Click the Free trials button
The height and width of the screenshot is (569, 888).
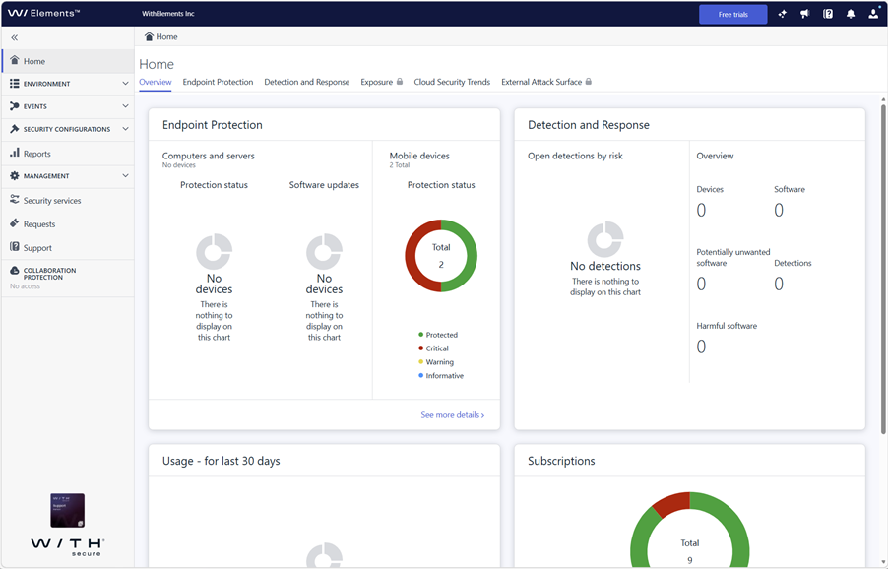pyautogui.click(x=732, y=14)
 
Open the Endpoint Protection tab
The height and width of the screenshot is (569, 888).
pyautogui.click(x=218, y=82)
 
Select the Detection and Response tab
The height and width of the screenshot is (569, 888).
pyautogui.click(x=307, y=82)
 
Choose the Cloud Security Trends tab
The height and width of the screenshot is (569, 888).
pyautogui.click(x=452, y=82)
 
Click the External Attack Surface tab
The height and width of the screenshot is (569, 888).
pyautogui.click(x=546, y=82)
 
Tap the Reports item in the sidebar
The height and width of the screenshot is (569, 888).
pyautogui.click(x=36, y=154)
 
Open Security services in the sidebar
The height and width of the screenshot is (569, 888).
pyautogui.click(x=52, y=201)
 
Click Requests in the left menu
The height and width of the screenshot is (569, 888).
pyautogui.click(x=39, y=224)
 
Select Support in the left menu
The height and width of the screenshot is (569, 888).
pyautogui.click(x=37, y=248)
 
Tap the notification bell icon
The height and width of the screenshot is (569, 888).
pyautogui.click(x=850, y=14)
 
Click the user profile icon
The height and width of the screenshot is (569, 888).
pyautogui.click(x=873, y=14)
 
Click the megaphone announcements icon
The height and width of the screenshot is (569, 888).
pyautogui.click(x=804, y=14)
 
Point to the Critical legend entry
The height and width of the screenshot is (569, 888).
pyautogui.click(x=433, y=348)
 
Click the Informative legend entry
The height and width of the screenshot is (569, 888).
pyautogui.click(x=441, y=375)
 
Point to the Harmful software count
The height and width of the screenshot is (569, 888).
pyautogui.click(x=701, y=347)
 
